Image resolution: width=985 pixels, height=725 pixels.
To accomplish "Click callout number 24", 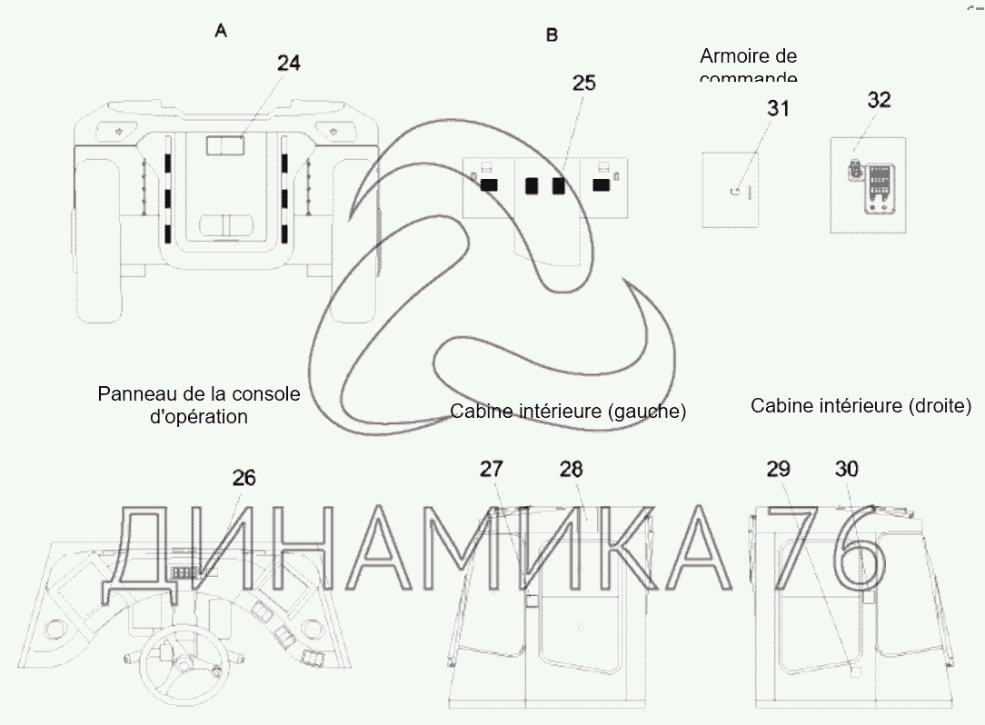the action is (x=288, y=63).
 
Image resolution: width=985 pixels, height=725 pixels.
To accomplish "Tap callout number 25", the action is (x=584, y=83).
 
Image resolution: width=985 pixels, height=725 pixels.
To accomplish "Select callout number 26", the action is (x=244, y=477).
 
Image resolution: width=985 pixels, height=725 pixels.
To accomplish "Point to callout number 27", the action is (x=492, y=469).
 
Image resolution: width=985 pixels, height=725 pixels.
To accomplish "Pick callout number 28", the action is (x=571, y=469).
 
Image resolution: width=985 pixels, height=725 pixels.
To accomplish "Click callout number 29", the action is (x=778, y=469).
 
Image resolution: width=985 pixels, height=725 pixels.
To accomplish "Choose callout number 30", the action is (x=846, y=469).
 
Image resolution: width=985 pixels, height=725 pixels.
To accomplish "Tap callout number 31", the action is (x=778, y=108).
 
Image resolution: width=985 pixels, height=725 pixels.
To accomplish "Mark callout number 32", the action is (x=879, y=100).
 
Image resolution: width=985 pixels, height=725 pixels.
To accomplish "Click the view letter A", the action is (x=221, y=31).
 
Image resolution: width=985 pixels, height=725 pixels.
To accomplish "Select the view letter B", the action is (x=552, y=35).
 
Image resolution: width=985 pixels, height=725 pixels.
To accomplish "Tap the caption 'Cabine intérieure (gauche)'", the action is (x=568, y=412).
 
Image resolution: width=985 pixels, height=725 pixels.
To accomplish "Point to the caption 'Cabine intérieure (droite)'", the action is (x=861, y=405).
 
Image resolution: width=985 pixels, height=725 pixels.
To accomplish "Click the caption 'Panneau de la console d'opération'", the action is (x=198, y=405).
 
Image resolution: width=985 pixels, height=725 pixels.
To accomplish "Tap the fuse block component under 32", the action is (x=877, y=188).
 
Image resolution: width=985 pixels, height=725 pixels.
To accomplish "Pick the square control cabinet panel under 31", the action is (x=737, y=189).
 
